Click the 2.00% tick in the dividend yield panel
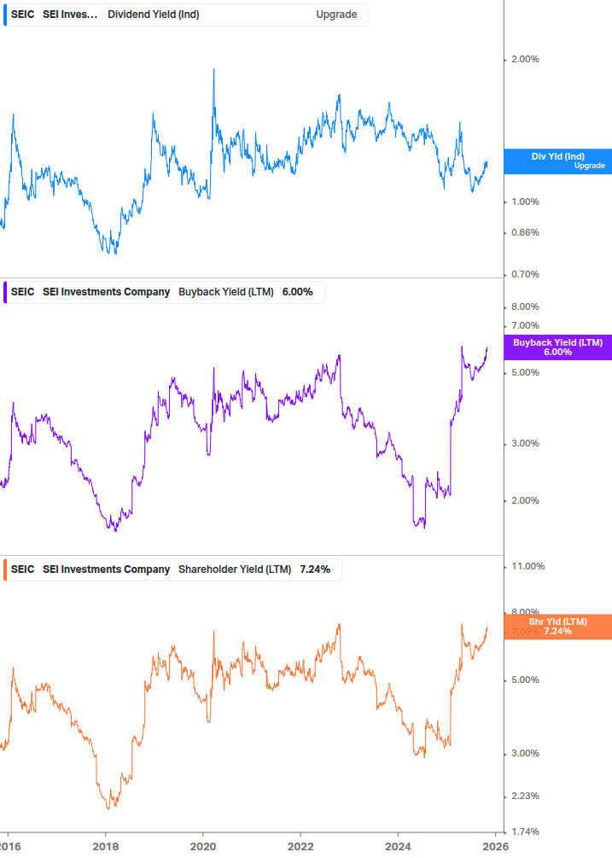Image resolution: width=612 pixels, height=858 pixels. [x=525, y=59]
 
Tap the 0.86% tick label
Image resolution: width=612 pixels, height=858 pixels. [x=525, y=232]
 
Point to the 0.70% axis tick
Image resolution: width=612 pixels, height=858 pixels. [x=525, y=274]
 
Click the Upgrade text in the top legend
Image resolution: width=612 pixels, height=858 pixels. [x=336, y=15]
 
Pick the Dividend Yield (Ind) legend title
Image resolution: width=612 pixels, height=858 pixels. [x=154, y=15]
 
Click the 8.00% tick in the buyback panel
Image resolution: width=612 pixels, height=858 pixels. [x=525, y=306]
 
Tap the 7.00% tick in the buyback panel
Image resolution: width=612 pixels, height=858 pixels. [x=525, y=325]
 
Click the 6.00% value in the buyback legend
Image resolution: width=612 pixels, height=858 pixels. [x=297, y=292]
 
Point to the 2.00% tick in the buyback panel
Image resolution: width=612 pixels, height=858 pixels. [x=525, y=500]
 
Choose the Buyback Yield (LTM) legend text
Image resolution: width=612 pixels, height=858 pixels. [x=226, y=292]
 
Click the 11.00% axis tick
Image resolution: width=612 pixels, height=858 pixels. [x=527, y=566]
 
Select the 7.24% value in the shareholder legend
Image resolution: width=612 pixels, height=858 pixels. [x=315, y=569]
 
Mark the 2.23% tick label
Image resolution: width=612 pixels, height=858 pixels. [x=525, y=796]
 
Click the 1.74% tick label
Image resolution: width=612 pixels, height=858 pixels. [x=525, y=832]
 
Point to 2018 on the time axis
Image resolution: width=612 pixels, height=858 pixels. [x=105, y=846]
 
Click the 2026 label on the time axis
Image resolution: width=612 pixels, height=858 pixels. [x=495, y=846]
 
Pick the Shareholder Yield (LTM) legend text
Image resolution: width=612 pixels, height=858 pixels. [x=235, y=569]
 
